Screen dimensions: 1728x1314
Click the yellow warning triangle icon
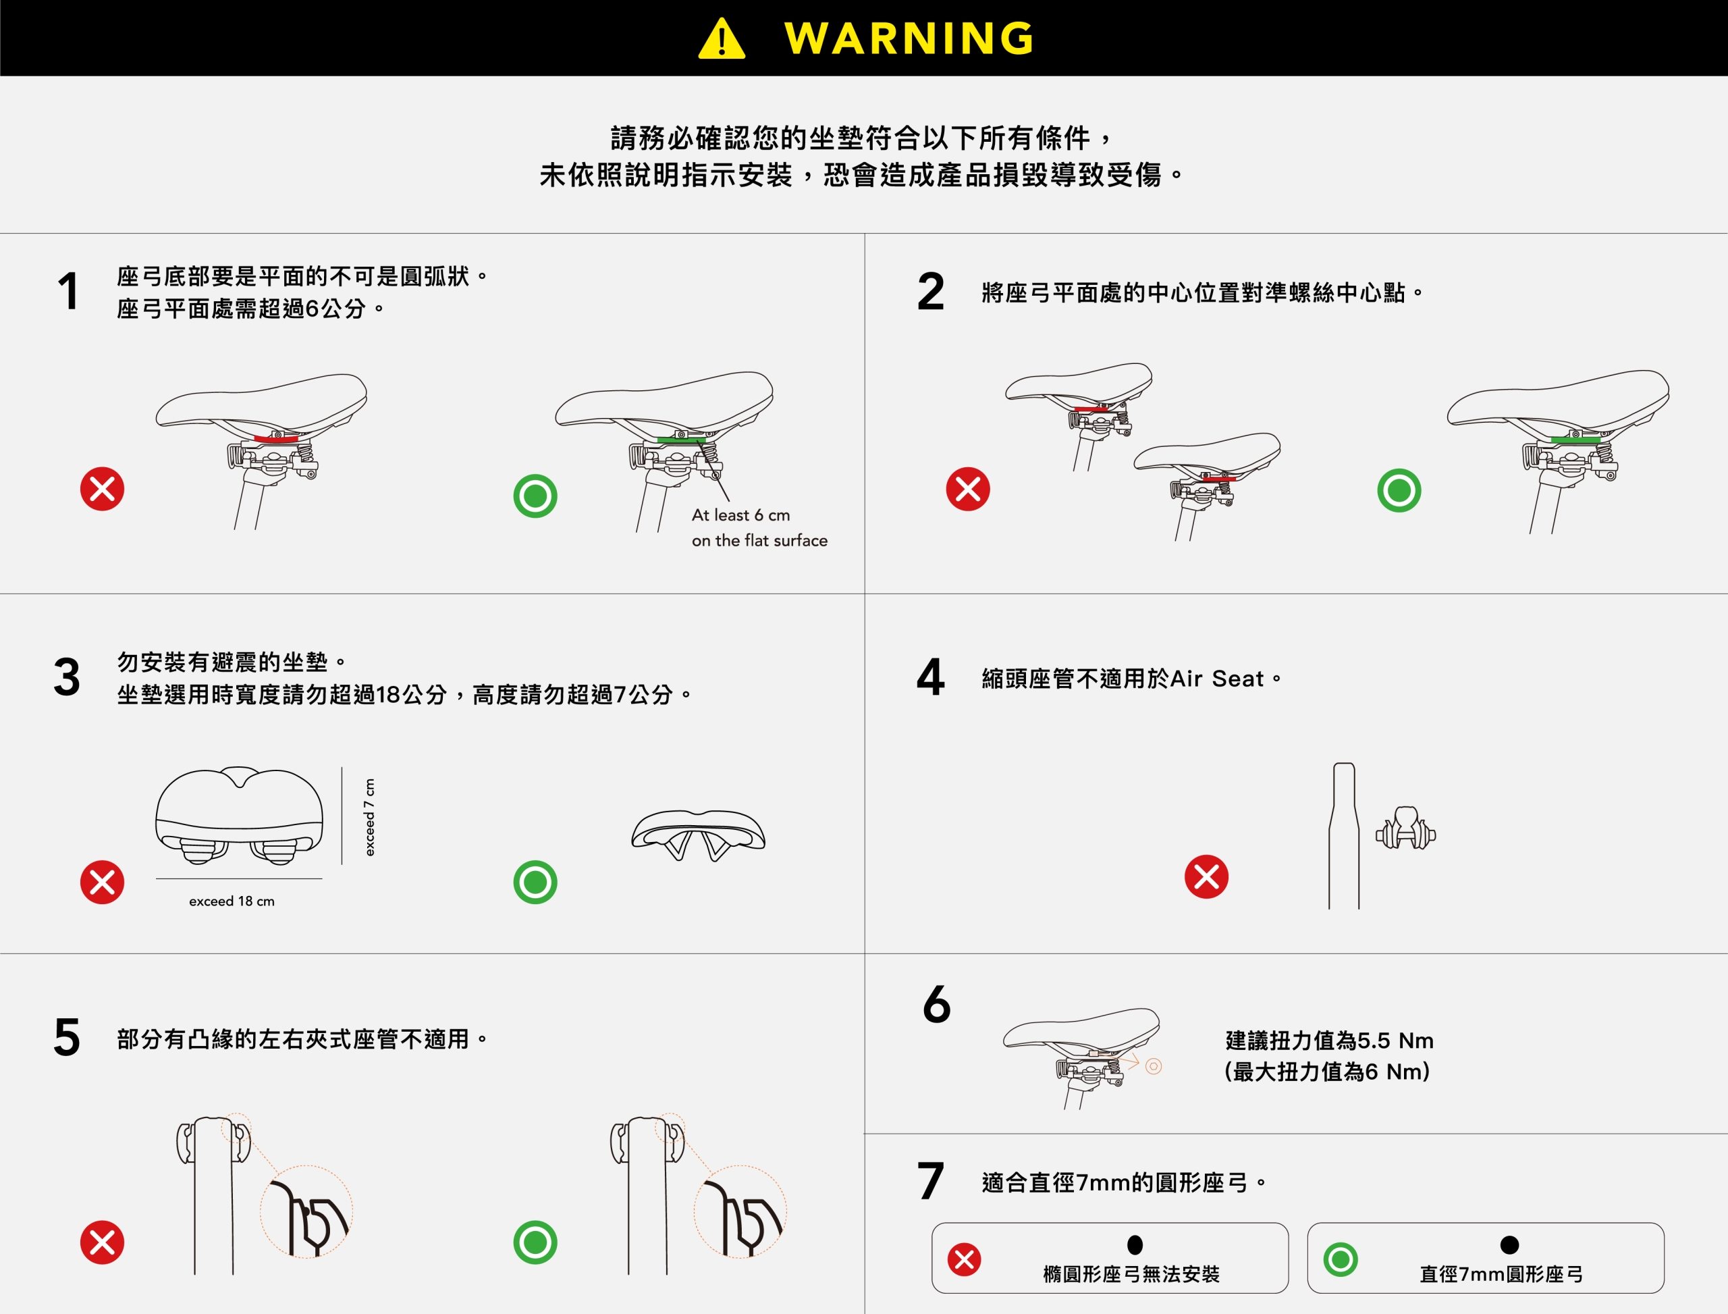[x=722, y=38]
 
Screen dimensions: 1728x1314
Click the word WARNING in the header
[x=909, y=38]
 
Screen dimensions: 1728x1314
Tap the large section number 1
[x=69, y=291]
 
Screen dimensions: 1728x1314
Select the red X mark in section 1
[x=103, y=489]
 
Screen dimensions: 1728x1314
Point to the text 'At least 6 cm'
[x=740, y=515]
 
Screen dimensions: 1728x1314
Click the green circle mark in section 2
[x=1399, y=490]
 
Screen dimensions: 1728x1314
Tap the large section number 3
[x=67, y=677]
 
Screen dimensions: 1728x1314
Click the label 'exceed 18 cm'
[x=232, y=901]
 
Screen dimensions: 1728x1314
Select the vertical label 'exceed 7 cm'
[x=369, y=816]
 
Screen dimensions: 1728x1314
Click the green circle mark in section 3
[x=535, y=883]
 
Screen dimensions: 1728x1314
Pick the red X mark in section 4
[x=1206, y=876]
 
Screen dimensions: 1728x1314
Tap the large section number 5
[x=67, y=1037]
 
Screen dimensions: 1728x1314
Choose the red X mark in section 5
[x=103, y=1242]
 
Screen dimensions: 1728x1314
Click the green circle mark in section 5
[x=535, y=1242]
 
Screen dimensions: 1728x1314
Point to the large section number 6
[x=937, y=1003]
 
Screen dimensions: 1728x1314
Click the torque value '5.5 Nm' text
[x=1396, y=1041]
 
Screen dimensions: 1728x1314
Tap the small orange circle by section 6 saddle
[x=1154, y=1066]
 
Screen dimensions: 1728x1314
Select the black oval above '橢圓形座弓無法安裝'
[x=1135, y=1244]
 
